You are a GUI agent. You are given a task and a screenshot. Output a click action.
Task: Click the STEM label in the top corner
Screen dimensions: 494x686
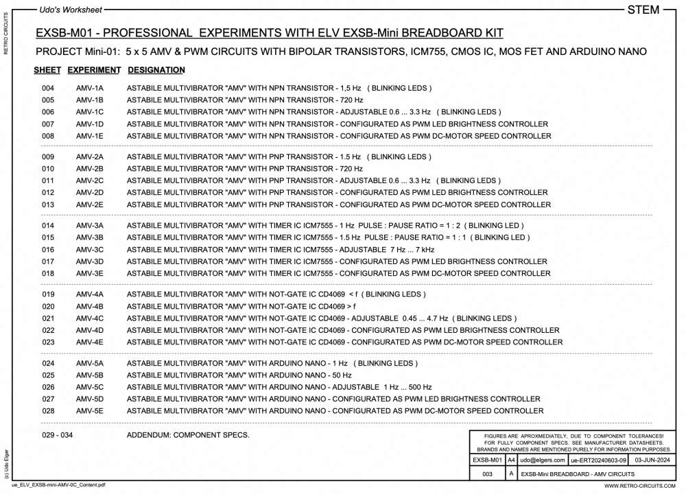coord(643,10)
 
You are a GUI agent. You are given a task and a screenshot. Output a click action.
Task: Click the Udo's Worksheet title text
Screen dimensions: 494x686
coord(72,10)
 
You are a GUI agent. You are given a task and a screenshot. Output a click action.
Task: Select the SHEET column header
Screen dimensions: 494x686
coord(47,70)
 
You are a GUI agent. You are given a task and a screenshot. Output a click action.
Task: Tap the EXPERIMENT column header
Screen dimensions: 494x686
coord(95,70)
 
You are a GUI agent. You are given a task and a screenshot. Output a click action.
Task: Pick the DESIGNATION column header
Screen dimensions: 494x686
coord(156,70)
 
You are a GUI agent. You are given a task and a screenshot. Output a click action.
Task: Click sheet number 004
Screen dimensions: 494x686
coord(48,89)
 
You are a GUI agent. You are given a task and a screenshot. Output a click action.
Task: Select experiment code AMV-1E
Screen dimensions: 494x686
coord(90,136)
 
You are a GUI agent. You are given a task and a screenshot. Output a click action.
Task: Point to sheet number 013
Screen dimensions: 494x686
coord(48,204)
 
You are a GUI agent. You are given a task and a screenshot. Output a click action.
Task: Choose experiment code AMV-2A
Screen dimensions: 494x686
coord(90,156)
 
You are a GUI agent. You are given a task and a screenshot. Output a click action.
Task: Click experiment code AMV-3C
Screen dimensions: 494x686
coord(90,250)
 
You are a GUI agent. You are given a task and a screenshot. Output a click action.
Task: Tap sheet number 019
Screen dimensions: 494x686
coord(48,294)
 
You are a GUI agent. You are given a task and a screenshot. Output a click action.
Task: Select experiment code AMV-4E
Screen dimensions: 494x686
coord(90,342)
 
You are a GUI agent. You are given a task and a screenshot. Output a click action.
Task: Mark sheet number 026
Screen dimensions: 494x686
coord(48,387)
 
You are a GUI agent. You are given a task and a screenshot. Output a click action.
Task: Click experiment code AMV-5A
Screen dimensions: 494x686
coord(90,363)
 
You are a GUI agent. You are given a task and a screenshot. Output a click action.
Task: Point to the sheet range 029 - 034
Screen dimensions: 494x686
coord(57,435)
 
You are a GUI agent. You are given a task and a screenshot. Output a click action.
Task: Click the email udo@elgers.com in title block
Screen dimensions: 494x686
coord(542,460)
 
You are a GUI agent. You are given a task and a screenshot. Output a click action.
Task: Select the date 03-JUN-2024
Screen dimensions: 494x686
coord(654,460)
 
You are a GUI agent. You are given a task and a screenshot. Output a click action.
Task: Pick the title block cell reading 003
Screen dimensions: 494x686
coord(488,473)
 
